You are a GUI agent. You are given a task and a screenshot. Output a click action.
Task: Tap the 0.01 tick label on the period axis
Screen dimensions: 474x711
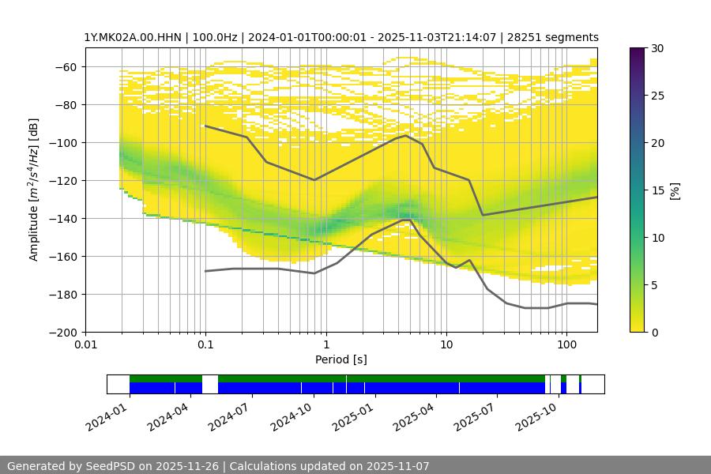(85, 345)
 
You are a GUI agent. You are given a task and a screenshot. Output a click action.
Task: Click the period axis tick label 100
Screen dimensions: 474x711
(566, 345)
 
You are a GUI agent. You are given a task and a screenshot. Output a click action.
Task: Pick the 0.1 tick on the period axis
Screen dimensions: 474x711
(205, 345)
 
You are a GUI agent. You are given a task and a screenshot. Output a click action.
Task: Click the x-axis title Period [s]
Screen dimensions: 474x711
(341, 359)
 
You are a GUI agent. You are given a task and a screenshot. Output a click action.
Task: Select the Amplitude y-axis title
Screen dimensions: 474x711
(34, 190)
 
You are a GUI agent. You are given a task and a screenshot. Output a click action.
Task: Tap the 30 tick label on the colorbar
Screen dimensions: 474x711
(656, 48)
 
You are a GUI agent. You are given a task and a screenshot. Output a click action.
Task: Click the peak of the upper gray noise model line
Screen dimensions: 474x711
(406, 135)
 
